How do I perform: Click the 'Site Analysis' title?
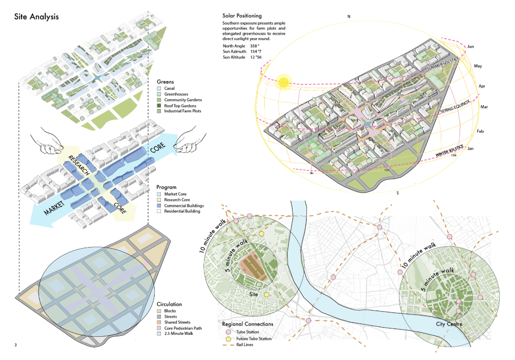click(x=36, y=17)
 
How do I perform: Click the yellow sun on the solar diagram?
click(x=284, y=82)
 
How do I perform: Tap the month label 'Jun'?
click(x=471, y=46)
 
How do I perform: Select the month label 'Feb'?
click(x=480, y=131)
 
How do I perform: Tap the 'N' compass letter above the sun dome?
click(x=348, y=17)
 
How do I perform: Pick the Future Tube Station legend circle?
click(x=228, y=338)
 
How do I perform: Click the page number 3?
click(x=16, y=345)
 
